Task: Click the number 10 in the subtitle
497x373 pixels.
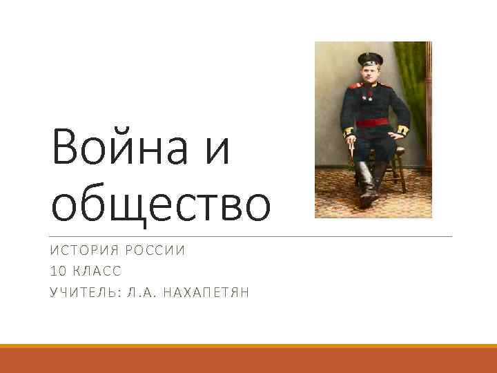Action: coord(58,271)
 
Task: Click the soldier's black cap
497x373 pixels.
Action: coord(370,59)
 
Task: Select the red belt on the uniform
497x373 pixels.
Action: coord(372,123)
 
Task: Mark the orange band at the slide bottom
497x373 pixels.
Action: coord(248,359)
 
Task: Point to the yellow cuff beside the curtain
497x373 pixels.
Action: coord(402,128)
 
